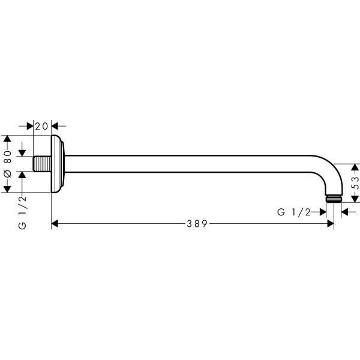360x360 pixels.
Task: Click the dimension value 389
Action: pos(197,223)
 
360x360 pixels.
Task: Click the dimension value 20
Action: pos(41,126)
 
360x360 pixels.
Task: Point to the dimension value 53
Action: pos(355,183)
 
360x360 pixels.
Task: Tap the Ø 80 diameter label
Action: pos(8,164)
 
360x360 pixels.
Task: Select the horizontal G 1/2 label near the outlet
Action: pos(294,212)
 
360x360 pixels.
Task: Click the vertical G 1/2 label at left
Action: pos(23,212)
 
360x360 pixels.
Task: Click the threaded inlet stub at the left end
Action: pos(42,164)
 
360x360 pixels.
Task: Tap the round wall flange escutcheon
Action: pos(58,164)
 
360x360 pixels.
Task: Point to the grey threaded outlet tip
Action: pos(334,199)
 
